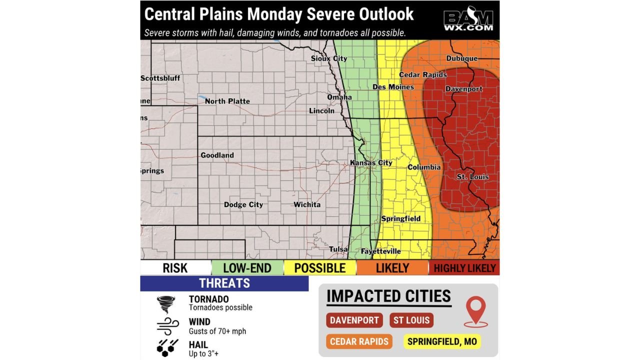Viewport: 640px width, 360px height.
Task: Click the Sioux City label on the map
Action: pyautogui.click(x=328, y=58)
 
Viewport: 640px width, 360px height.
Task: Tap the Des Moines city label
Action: pyautogui.click(x=393, y=87)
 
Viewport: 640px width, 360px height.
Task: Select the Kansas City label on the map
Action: pyautogui.click(x=370, y=163)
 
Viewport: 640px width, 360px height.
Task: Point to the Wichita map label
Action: pyautogui.click(x=307, y=204)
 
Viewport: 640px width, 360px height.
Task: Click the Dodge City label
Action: pyautogui.click(x=243, y=204)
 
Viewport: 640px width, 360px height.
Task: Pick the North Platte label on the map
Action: pyautogui.click(x=227, y=101)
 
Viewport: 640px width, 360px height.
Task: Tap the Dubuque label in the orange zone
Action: pyautogui.click(x=461, y=58)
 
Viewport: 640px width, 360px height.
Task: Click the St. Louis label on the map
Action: pyautogui.click(x=472, y=177)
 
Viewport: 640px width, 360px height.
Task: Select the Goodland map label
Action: pyautogui.click(x=217, y=155)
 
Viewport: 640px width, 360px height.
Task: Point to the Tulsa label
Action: pyautogui.click(x=338, y=249)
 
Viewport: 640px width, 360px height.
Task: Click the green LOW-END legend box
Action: pyautogui.click(x=247, y=268)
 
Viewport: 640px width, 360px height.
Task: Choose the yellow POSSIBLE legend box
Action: pyautogui.click(x=319, y=268)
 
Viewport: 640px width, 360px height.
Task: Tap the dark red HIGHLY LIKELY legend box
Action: pyautogui.click(x=464, y=268)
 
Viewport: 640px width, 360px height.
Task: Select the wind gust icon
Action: pyautogui.click(x=167, y=326)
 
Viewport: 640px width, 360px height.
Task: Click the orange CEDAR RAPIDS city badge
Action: pyautogui.click(x=359, y=342)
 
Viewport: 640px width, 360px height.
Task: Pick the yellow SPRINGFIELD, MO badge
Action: pyautogui.click(x=442, y=342)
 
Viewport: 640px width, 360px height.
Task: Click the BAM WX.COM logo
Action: pyautogui.click(x=468, y=19)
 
